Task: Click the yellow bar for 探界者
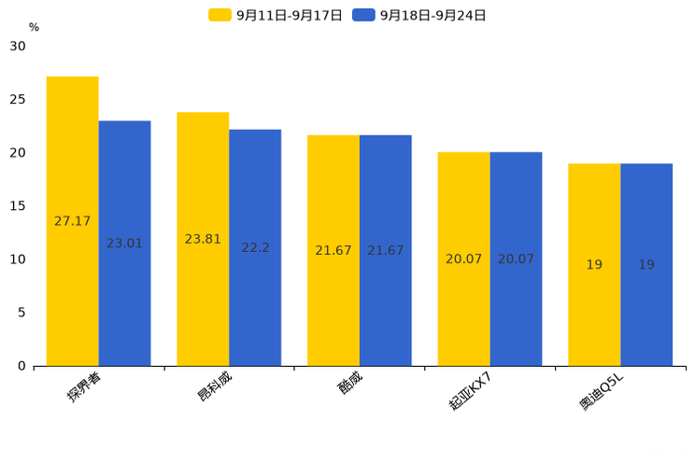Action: (72, 221)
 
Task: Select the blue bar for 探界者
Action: (124, 244)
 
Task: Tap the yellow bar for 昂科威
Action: (203, 239)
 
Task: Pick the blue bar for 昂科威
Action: (255, 247)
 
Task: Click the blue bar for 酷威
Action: (386, 251)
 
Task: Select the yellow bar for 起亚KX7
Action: (463, 260)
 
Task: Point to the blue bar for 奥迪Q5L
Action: (646, 265)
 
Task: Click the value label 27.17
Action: (72, 220)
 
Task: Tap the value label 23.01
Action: (124, 243)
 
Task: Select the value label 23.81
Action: (203, 239)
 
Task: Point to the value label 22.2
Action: (255, 247)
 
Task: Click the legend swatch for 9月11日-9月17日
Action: (220, 15)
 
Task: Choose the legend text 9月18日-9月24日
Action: (433, 16)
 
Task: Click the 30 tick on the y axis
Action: (18, 46)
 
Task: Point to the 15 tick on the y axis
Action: (18, 206)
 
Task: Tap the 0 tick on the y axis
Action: (21, 366)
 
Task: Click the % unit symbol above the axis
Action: (35, 27)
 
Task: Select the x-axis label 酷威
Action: (350, 382)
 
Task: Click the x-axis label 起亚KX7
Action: (470, 391)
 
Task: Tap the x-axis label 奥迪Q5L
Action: (602, 391)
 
